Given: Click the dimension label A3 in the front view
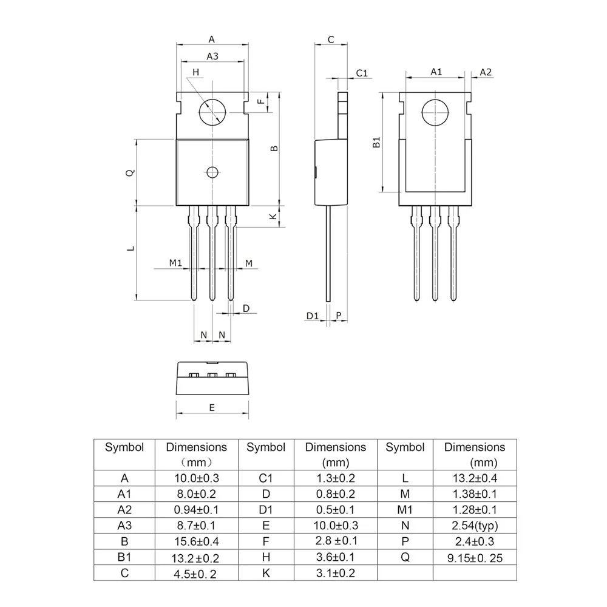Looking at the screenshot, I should coord(212,56).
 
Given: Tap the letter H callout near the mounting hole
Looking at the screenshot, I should coord(195,72).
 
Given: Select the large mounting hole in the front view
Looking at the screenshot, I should coord(212,112).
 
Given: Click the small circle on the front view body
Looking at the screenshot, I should coord(212,172).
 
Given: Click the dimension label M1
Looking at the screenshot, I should coord(175,263).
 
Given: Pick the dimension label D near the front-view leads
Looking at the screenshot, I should coord(246,308).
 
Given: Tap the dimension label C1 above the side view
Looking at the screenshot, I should coord(362,73).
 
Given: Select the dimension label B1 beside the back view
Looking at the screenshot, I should coord(376,143).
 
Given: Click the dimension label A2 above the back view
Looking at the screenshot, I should coord(486,72).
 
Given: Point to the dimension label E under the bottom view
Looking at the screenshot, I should coord(212,408).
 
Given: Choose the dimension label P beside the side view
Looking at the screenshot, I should coord(339,316).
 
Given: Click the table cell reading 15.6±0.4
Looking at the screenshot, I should coord(197,541).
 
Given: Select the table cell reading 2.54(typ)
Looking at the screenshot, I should coord(475,526).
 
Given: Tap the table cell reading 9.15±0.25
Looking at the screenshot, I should coord(475,557).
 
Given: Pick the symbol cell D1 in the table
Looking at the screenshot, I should coord(265,510).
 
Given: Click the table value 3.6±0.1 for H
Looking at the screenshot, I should coord(336,557).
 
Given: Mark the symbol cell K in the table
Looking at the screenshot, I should coord(265,573).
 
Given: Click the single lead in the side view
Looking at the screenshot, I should coord(328,255).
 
